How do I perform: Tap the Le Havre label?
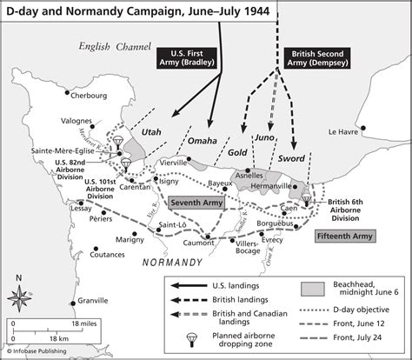344,132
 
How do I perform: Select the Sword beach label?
291,159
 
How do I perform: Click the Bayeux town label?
219,183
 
